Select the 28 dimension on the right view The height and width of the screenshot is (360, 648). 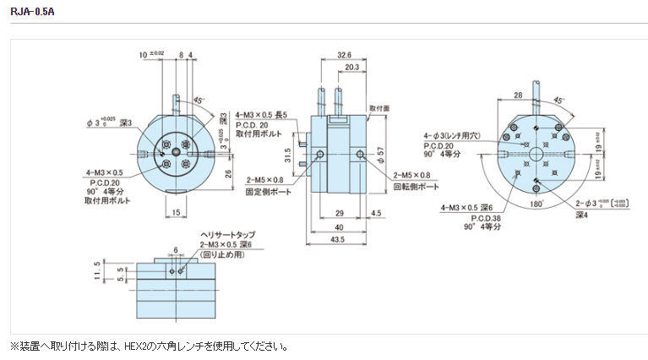519,96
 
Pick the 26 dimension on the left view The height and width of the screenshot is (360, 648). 229,176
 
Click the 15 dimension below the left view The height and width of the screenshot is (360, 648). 175,212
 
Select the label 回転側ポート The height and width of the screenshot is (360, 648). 417,185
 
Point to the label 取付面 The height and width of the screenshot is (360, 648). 380,108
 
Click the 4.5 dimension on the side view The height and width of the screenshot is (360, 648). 374,212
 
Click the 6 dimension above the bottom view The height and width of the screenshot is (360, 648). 174,250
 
